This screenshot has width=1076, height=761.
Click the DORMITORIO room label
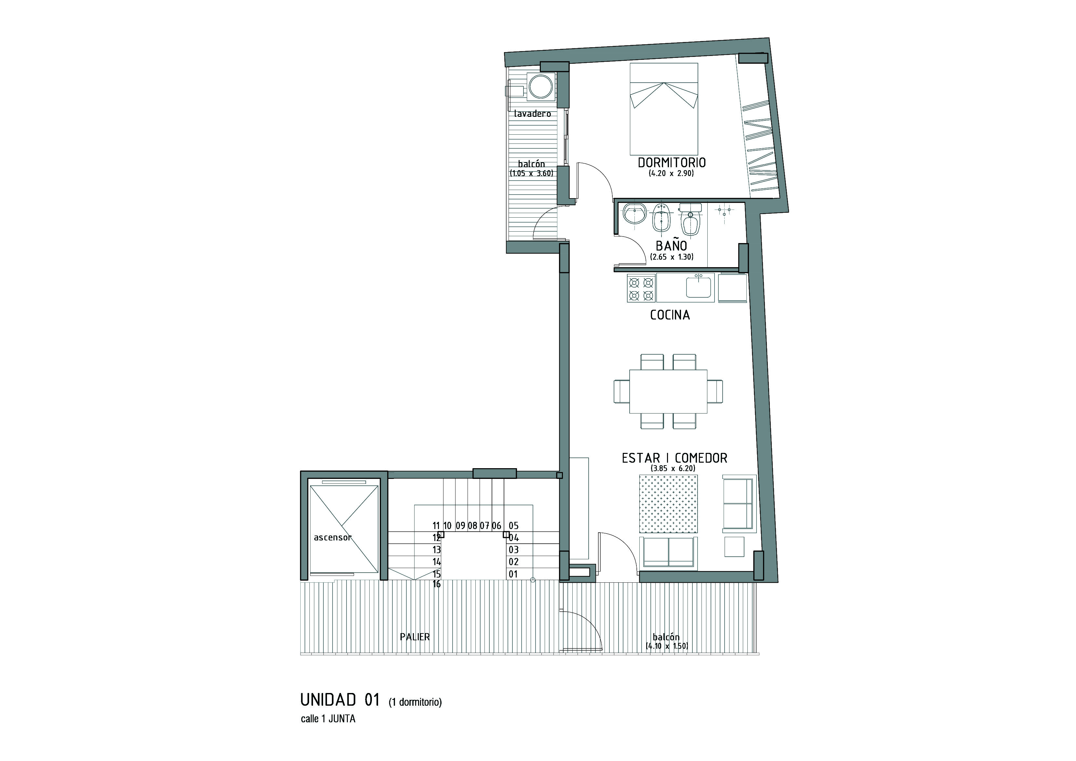tap(672, 163)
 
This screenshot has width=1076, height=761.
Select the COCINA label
tap(670, 315)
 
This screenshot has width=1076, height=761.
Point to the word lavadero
tap(532, 114)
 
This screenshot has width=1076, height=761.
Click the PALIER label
tap(415, 637)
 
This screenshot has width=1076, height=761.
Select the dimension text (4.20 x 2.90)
tap(671, 173)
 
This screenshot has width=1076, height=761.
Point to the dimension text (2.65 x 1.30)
tap(672, 257)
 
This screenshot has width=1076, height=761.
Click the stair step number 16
tap(436, 584)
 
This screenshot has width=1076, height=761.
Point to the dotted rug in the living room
tap(668, 504)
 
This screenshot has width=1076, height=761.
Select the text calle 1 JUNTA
tap(328, 719)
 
